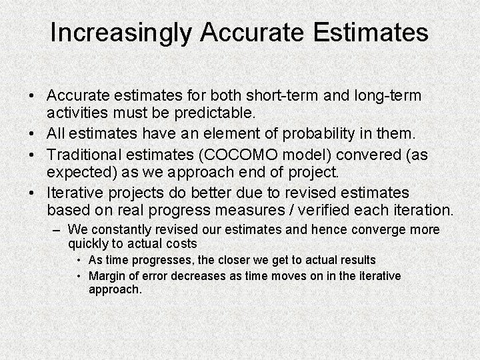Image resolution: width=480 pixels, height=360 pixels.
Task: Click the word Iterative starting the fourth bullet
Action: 75,193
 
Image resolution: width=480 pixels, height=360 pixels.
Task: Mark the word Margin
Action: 107,276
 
